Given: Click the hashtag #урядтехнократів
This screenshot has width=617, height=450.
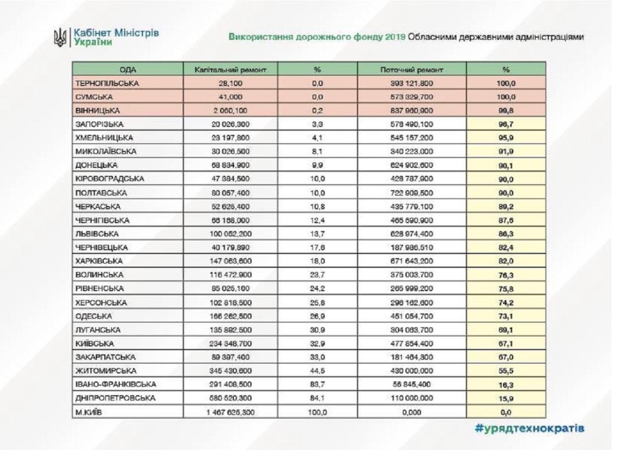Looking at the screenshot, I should coord(528,429).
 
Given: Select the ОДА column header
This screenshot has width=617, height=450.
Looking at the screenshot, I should coord(128,70).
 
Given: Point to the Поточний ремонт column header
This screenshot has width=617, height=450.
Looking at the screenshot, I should coord(411,70).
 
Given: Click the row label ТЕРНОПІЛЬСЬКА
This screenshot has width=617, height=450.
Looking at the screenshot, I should coord(107,83).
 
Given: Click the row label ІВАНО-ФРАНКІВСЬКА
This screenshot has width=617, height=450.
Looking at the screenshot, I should coord(116,384).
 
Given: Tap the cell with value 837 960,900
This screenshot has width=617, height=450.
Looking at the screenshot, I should coord(411,110).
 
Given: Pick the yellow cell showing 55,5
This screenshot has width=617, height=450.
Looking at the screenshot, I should coord(506,370).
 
